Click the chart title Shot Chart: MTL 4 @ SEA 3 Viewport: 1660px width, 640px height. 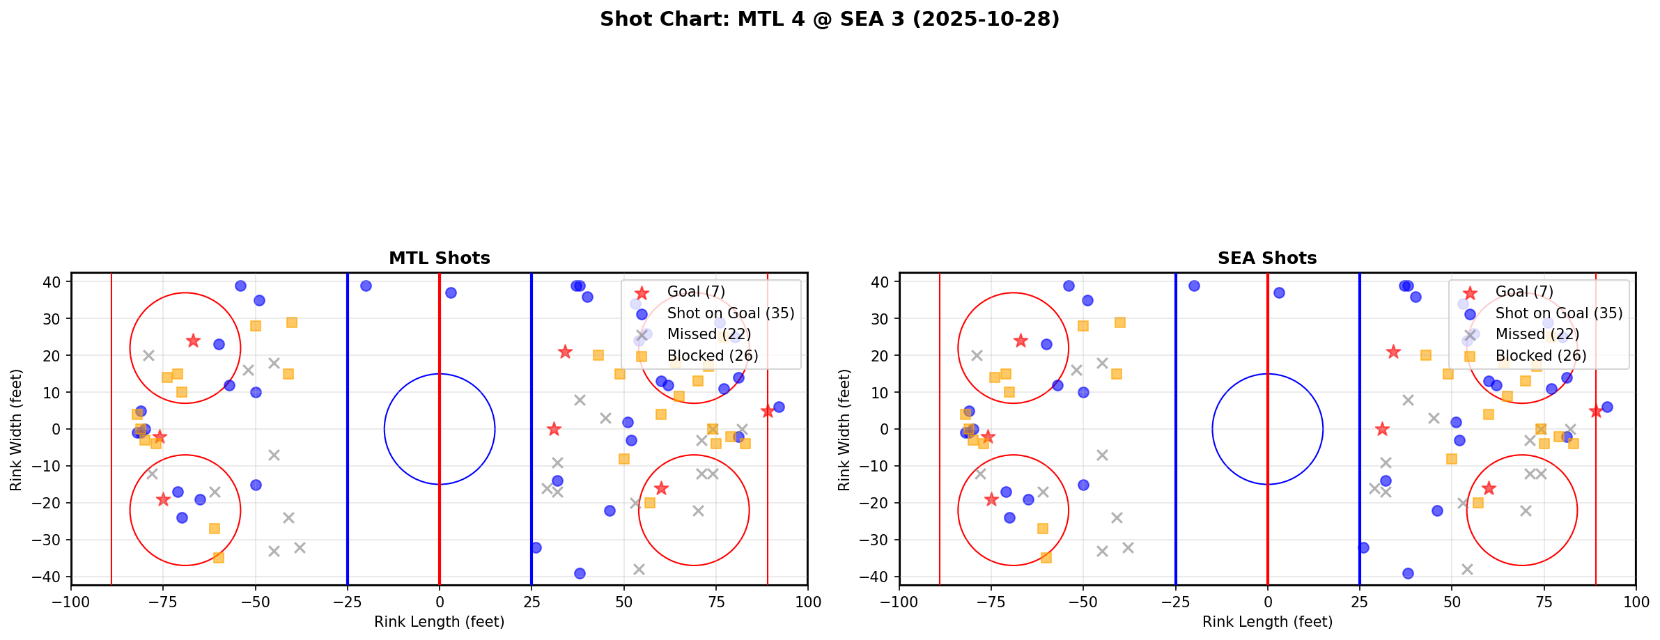click(829, 19)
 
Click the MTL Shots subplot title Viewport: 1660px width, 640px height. click(439, 258)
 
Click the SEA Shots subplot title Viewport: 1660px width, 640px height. click(1266, 258)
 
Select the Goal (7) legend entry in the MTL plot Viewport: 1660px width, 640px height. click(695, 292)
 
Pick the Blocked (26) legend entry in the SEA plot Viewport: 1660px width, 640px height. click(1540, 356)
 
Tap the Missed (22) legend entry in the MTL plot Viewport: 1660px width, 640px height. click(708, 334)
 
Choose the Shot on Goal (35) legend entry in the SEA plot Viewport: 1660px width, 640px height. click(1558, 313)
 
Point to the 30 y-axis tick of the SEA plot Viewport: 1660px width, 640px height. click(883, 318)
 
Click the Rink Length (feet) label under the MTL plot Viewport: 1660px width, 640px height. click(439, 622)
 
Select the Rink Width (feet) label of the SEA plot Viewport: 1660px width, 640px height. click(844, 429)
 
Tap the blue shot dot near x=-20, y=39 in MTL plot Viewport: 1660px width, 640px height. click(366, 286)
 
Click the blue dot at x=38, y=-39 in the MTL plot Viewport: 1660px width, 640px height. click(580, 573)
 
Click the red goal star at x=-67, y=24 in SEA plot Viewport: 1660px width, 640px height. click(1021, 341)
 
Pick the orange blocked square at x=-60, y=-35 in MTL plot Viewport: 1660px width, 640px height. click(218, 558)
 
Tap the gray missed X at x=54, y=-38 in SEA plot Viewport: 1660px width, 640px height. click(1466, 569)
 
